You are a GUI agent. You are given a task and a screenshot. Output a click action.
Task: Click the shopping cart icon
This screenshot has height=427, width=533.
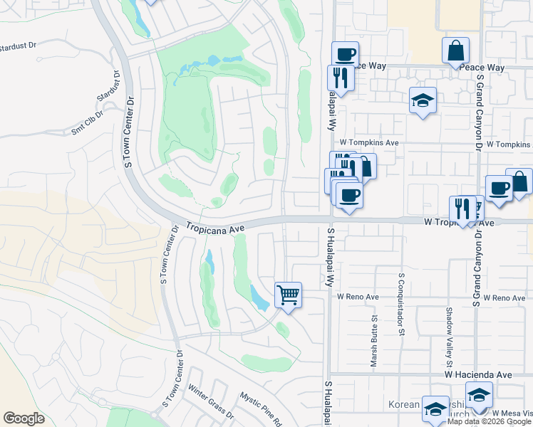[288, 294]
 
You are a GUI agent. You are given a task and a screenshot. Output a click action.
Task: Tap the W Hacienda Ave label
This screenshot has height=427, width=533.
[478, 374]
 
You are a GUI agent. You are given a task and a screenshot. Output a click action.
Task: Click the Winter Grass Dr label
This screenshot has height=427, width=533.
[212, 407]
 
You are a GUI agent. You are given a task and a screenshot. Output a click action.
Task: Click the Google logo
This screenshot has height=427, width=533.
[24, 418]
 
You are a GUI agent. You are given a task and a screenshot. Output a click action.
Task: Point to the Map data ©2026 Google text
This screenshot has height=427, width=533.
[490, 421]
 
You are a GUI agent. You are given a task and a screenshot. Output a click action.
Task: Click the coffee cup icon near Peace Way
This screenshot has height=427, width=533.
[345, 54]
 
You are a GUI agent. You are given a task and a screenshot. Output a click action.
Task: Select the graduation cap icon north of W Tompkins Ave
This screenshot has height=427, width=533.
[423, 100]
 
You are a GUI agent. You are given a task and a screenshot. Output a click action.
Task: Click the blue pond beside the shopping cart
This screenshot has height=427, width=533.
[259, 297]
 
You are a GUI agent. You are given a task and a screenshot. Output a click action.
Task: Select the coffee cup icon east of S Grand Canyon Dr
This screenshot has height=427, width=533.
[500, 189]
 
